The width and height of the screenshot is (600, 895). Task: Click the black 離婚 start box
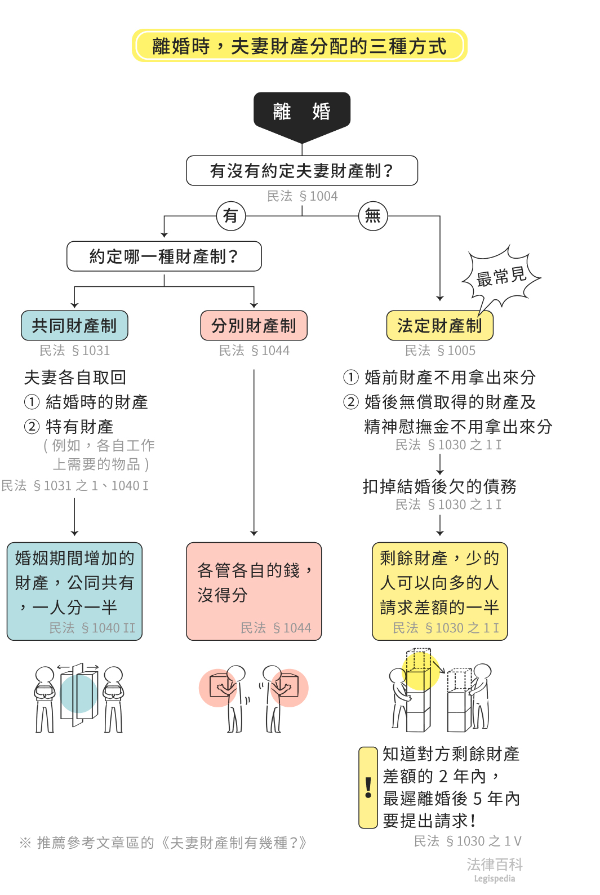click(x=302, y=112)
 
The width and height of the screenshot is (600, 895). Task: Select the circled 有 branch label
click(x=231, y=216)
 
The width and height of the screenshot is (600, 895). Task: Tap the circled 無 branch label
click(x=373, y=216)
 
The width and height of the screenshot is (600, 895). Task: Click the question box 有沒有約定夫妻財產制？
click(x=302, y=171)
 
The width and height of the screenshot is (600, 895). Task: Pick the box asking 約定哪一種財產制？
click(x=164, y=256)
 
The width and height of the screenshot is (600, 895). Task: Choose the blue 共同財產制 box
click(x=74, y=326)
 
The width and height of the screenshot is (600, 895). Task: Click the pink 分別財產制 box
click(x=254, y=326)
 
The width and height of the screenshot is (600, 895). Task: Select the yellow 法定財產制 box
click(x=439, y=326)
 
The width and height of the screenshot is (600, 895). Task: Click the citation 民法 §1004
click(x=302, y=196)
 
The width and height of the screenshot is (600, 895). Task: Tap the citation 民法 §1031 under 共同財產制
click(x=74, y=351)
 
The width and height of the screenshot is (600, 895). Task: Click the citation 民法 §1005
click(x=440, y=351)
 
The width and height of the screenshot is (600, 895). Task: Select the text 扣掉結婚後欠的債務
click(x=439, y=486)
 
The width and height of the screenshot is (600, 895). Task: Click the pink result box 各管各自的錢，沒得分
click(x=254, y=591)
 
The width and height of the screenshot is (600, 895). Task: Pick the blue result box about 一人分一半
click(x=74, y=591)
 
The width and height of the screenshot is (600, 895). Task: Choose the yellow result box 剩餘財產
click(x=439, y=591)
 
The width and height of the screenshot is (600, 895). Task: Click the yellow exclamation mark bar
click(x=368, y=787)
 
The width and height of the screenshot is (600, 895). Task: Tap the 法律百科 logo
click(x=494, y=869)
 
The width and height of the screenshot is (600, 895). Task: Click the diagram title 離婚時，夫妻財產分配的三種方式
click(x=299, y=46)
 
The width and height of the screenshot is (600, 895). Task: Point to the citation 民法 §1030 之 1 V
click(x=468, y=841)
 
